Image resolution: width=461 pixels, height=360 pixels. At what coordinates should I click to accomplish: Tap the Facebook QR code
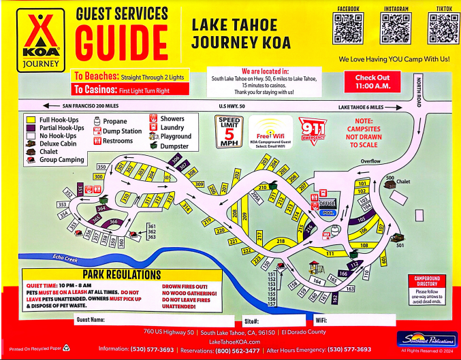point(347,29)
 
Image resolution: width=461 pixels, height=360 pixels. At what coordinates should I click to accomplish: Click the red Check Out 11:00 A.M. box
point(372,82)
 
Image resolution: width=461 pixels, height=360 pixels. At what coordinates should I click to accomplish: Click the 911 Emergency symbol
point(313,129)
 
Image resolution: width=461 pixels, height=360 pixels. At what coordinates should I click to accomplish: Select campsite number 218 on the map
point(280,241)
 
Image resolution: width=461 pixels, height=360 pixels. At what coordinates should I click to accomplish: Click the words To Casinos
point(93,90)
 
